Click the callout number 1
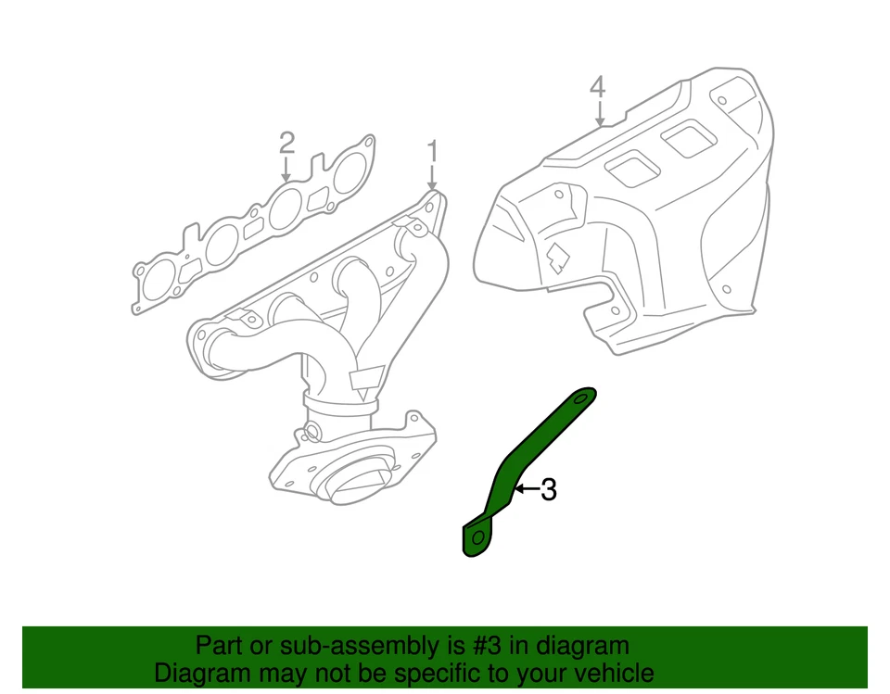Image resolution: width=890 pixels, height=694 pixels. [431, 149]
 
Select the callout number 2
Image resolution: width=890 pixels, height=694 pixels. [286, 143]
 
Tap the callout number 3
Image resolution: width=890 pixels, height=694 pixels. [549, 490]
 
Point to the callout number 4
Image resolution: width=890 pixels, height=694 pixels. [598, 87]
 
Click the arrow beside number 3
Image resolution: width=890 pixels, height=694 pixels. [526, 488]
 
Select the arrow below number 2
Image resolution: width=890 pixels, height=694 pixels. [286, 170]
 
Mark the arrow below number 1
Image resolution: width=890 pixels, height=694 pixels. [432, 176]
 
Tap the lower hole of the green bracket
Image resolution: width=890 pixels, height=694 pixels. [477, 537]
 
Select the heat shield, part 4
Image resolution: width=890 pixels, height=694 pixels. [649, 222]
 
